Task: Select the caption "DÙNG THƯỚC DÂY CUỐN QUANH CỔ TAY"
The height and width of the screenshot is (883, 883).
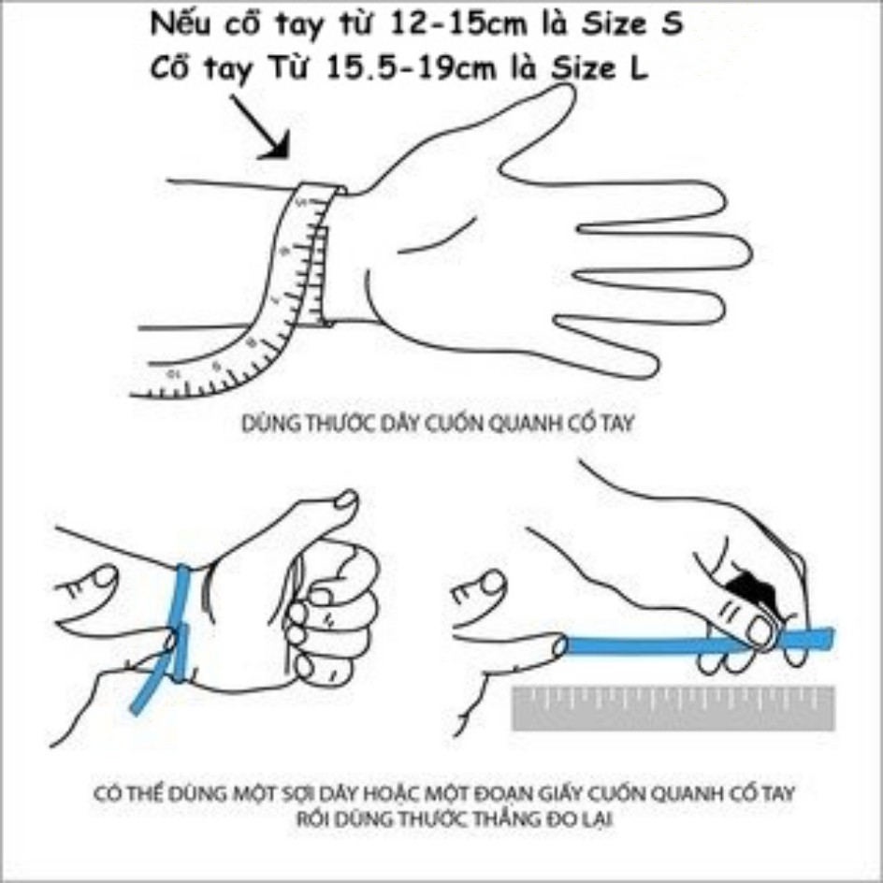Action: pyautogui.click(x=438, y=424)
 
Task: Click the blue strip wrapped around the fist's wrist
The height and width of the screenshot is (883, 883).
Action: pyautogui.click(x=179, y=617)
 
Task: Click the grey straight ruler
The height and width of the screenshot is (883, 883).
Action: pyautogui.click(x=673, y=708)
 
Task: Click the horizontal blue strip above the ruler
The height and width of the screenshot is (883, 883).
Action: pyautogui.click(x=655, y=644)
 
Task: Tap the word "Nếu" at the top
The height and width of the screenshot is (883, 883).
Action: pyautogui.click(x=178, y=25)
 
